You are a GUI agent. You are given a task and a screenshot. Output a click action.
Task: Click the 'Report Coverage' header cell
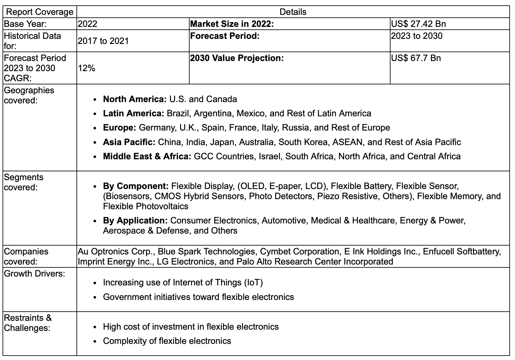click(x=39, y=12)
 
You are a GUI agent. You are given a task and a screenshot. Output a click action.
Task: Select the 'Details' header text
click(x=293, y=12)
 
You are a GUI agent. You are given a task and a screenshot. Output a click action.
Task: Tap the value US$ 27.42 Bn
click(x=418, y=24)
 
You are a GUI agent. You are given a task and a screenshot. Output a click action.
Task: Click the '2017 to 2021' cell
click(x=103, y=41)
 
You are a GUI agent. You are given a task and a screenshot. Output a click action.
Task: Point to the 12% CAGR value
click(x=87, y=68)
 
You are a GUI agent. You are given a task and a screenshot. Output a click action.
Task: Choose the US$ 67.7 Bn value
click(x=416, y=58)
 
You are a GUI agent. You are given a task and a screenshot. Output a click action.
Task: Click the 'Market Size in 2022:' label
click(x=232, y=24)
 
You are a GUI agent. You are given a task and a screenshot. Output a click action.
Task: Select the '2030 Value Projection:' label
click(x=237, y=58)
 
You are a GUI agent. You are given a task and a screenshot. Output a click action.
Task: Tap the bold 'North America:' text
click(x=135, y=99)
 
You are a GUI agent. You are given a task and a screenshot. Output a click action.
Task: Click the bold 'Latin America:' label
click(x=133, y=113)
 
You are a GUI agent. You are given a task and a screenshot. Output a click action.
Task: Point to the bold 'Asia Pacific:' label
click(x=129, y=142)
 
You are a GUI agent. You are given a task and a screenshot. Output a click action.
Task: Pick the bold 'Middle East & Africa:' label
click(x=147, y=156)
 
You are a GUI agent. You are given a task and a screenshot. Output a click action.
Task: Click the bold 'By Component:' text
click(x=136, y=186)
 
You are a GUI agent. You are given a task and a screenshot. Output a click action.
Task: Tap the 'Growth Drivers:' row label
click(x=34, y=273)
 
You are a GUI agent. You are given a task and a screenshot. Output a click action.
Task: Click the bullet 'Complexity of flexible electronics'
click(x=167, y=341)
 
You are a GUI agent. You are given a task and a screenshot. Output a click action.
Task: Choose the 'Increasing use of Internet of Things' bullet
click(x=183, y=282)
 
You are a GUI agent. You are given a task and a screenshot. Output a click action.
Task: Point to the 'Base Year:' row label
click(x=25, y=24)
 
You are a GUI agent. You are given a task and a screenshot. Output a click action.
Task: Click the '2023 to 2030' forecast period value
click(x=416, y=36)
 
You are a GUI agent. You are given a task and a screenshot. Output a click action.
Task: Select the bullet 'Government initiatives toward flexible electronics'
click(x=198, y=297)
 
